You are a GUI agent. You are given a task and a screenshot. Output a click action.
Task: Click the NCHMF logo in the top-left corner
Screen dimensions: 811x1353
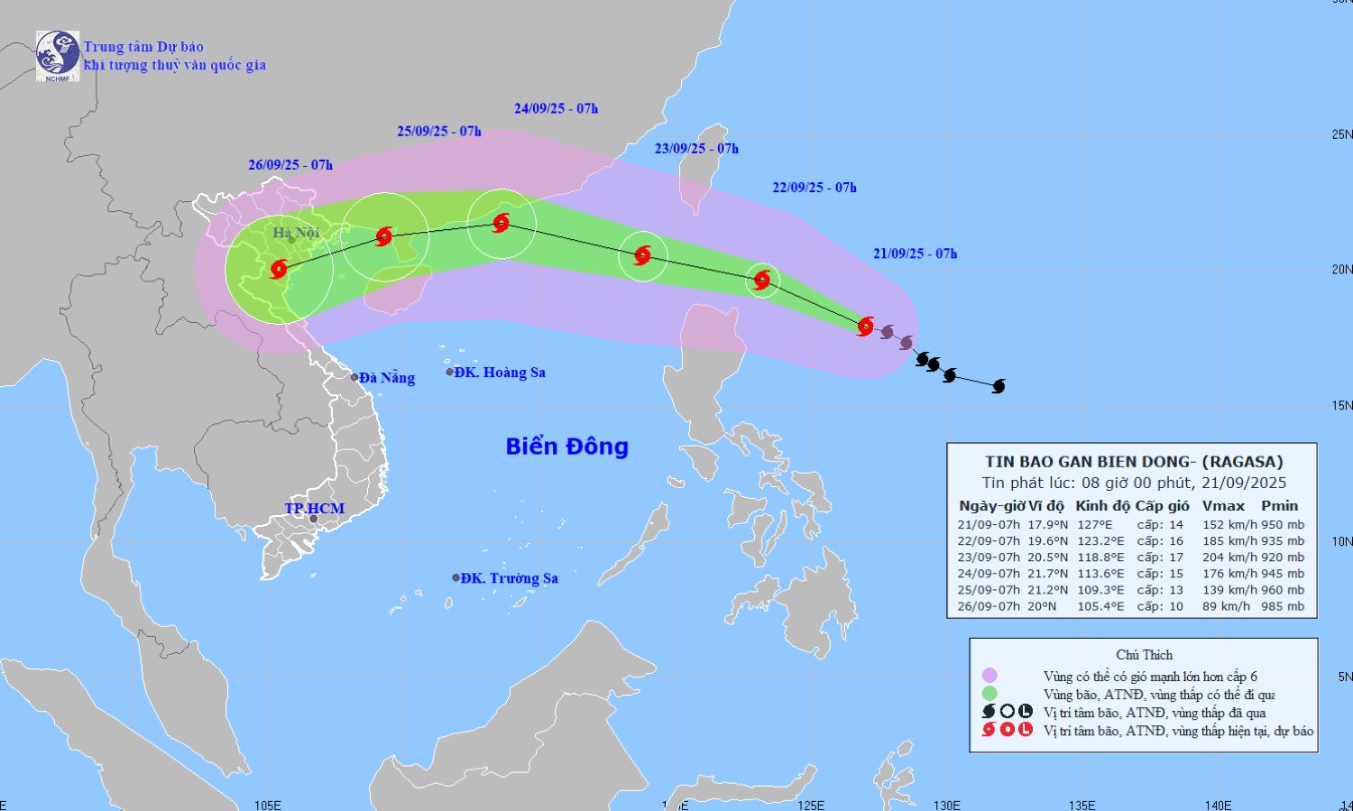click(x=58, y=56)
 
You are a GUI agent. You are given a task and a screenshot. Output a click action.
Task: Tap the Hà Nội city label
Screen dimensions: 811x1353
click(x=297, y=234)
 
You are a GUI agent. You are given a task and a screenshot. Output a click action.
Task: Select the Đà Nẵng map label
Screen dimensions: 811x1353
click(x=386, y=378)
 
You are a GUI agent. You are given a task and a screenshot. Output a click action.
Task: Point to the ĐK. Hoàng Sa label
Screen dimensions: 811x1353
click(x=499, y=373)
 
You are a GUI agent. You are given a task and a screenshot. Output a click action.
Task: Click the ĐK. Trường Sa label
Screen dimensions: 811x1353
click(x=508, y=578)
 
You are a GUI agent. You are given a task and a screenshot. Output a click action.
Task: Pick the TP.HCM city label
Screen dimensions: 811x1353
click(x=314, y=509)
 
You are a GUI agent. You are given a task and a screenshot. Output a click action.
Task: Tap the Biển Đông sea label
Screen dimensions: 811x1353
click(x=566, y=447)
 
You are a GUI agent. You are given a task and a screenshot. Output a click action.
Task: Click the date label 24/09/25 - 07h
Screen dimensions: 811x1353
click(x=557, y=109)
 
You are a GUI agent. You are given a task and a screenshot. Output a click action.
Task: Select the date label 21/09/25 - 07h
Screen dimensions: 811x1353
click(x=915, y=254)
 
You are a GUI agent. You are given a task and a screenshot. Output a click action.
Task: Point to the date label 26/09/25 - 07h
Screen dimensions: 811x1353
click(x=290, y=165)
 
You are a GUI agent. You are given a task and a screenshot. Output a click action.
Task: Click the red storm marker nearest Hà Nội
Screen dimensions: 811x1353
click(x=279, y=269)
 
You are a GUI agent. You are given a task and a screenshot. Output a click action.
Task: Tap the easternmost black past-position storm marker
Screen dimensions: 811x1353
click(x=999, y=387)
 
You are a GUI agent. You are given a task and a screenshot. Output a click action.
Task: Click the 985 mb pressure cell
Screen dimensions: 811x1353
click(x=1283, y=606)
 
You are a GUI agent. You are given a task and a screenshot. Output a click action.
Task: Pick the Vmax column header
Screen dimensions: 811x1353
click(x=1222, y=506)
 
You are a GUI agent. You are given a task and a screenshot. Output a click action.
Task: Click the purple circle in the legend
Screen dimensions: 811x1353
click(x=989, y=676)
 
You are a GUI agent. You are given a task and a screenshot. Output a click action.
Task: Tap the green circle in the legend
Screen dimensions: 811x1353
click(x=989, y=694)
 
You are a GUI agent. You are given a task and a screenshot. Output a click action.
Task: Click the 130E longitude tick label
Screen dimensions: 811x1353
click(x=946, y=805)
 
